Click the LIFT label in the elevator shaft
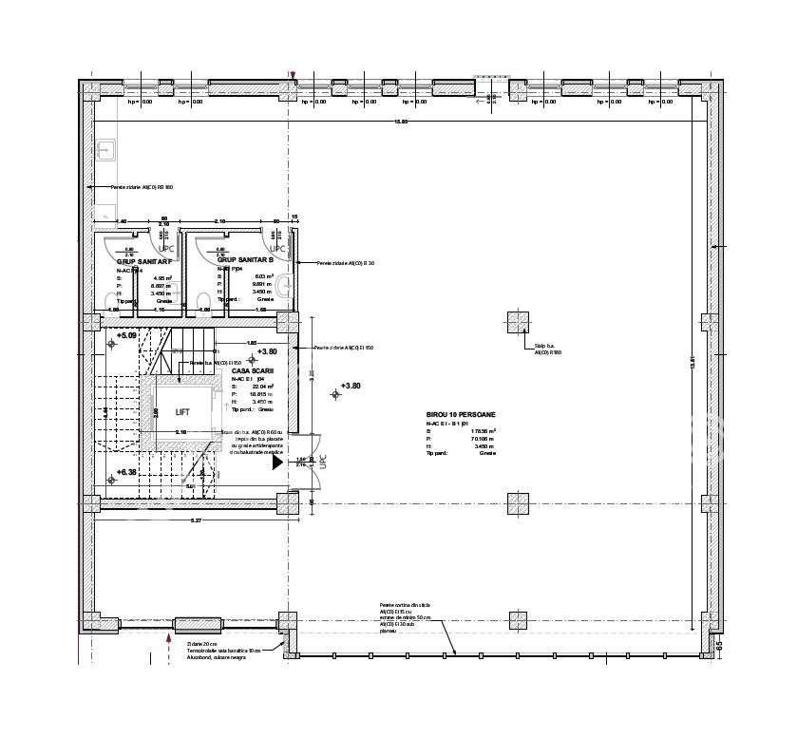[181, 412]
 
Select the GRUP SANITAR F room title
[143, 259]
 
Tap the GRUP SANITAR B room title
[244, 259]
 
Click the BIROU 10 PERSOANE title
[461, 415]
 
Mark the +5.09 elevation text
[127, 335]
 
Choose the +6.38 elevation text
[127, 471]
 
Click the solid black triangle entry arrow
[277, 463]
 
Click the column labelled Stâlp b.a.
[518, 323]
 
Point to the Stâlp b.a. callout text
[547, 349]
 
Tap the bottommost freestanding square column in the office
[518, 620]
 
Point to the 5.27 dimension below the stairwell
[196, 520]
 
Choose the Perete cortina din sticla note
[405, 604]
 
